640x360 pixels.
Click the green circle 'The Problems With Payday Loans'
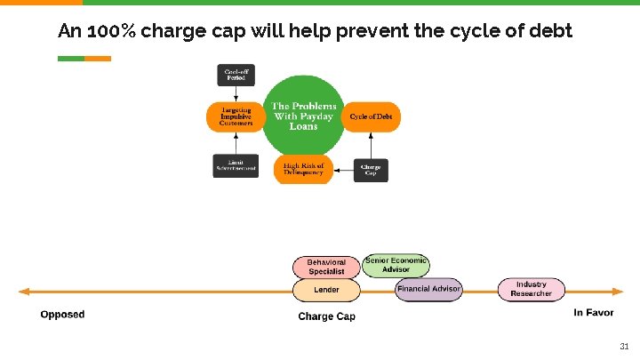pos(303,116)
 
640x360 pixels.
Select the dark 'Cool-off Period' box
pos(236,74)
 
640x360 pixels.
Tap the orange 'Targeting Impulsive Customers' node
pos(236,116)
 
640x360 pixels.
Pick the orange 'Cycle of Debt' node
pos(371,116)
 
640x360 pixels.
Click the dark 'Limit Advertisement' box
pos(236,166)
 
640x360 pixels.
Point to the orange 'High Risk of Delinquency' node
pos(303,168)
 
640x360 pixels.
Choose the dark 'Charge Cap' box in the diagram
pos(371,169)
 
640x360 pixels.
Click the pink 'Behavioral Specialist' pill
pos(326,267)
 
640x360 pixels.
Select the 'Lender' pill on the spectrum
pos(326,290)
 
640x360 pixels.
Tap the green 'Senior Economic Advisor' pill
pos(396,265)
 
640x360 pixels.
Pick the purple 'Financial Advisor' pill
pos(428,289)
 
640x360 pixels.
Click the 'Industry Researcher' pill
pos(531,289)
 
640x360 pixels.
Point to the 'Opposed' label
pos(62,314)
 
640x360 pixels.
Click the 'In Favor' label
pos(593,312)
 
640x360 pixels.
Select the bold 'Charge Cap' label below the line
pos(326,316)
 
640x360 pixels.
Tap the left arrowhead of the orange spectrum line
pos(24,291)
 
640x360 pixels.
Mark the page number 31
pos(624,347)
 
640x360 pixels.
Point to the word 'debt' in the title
pos(551,31)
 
